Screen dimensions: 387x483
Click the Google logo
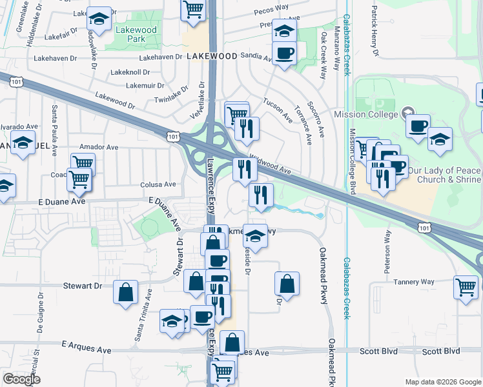21,379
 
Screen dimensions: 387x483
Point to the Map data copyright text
443,382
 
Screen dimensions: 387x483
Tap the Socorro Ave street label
314,114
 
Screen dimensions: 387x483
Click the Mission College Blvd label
353,161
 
